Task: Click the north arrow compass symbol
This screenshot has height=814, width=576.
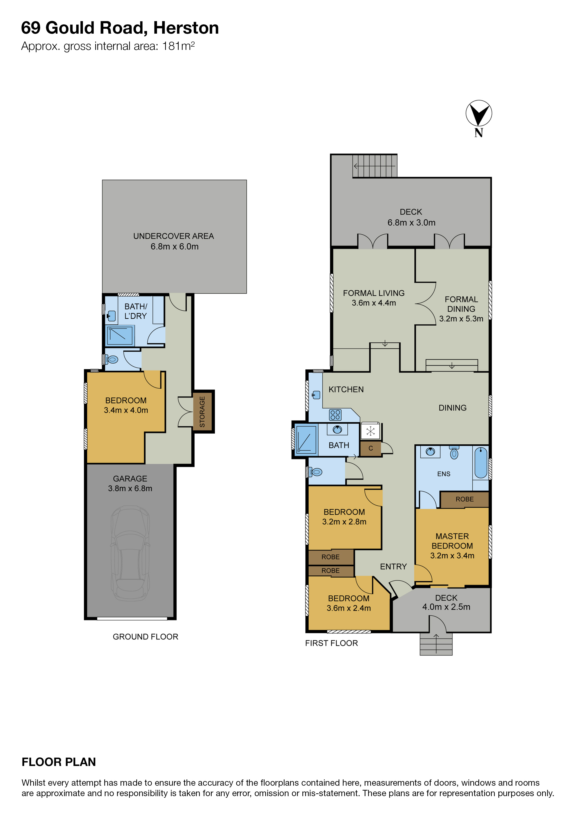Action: [478, 113]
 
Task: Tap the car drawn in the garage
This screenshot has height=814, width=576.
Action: [130, 553]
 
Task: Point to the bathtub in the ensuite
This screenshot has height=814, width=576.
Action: [481, 463]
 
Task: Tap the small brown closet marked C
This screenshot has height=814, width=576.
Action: [370, 449]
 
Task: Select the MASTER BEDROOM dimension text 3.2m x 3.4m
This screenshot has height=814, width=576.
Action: [452, 556]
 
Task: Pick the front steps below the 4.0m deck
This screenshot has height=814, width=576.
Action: [436, 643]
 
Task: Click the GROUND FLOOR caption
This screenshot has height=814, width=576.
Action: [145, 637]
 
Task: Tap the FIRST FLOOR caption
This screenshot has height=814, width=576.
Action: [331, 643]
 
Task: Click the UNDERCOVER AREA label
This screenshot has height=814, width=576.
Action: [173, 236]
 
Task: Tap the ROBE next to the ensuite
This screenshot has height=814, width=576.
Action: [464, 499]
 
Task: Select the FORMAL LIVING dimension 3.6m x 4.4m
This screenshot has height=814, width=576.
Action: [374, 303]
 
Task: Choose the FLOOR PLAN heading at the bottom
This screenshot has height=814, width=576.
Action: [59, 762]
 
